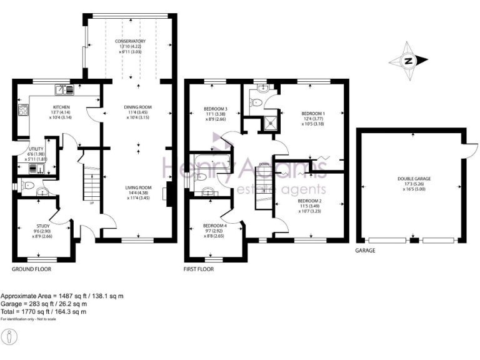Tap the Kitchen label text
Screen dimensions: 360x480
tap(60, 107)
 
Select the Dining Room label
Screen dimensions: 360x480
tap(138, 107)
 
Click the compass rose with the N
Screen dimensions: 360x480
tap(408, 61)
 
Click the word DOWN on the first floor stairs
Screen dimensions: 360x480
tap(264, 164)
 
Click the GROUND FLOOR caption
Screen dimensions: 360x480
tap(31, 269)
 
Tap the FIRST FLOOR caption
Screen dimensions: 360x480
tap(199, 269)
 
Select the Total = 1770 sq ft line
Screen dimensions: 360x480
tap(44, 311)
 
